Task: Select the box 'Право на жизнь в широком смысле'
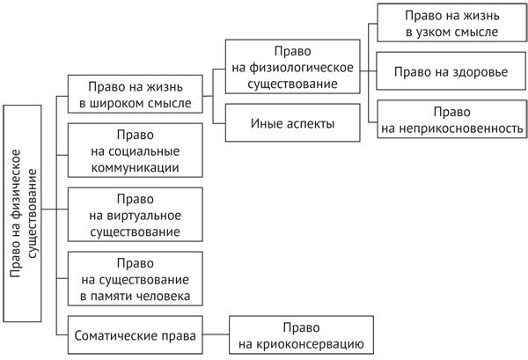135,94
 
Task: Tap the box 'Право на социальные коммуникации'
135,151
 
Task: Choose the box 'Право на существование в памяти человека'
135,279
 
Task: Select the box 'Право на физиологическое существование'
291,68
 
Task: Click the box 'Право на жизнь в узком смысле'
452,24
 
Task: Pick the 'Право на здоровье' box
452,71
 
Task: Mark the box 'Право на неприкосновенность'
452,121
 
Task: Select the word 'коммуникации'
135,166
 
